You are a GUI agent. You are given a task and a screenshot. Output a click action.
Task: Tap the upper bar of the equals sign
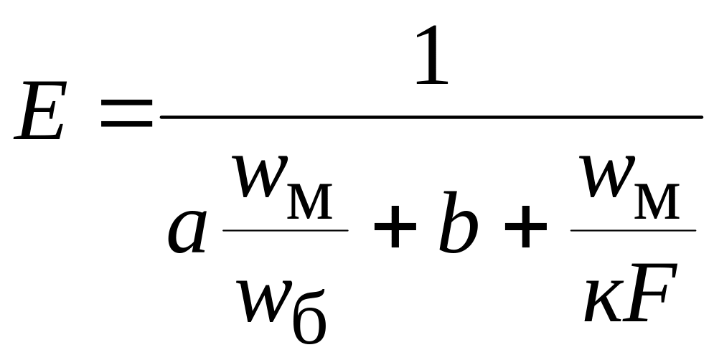tap(127, 103)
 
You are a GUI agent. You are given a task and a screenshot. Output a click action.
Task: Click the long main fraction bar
tap(431, 116)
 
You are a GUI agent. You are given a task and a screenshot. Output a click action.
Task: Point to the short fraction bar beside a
tap(286, 230)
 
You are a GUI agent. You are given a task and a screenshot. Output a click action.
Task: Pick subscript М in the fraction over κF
tap(657, 202)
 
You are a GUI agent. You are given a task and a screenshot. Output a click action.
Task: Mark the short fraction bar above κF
tap(632, 230)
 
